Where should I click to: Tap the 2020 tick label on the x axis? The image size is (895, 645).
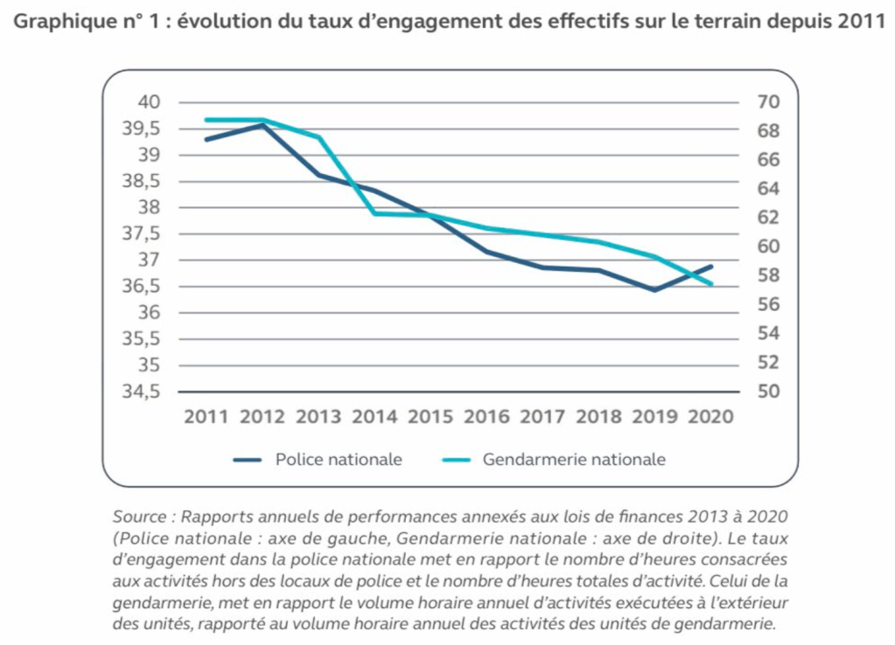point(710,417)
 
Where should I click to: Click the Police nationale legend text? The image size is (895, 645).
point(339,460)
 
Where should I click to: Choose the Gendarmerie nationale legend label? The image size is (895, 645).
point(574,460)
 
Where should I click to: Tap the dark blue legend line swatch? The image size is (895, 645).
point(248,460)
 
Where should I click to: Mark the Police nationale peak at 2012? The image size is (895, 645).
point(262,125)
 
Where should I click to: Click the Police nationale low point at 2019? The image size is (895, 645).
point(654,290)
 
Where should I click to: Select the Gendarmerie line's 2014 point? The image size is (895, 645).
point(374,213)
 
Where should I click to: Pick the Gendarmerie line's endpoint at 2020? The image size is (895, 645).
point(712,284)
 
